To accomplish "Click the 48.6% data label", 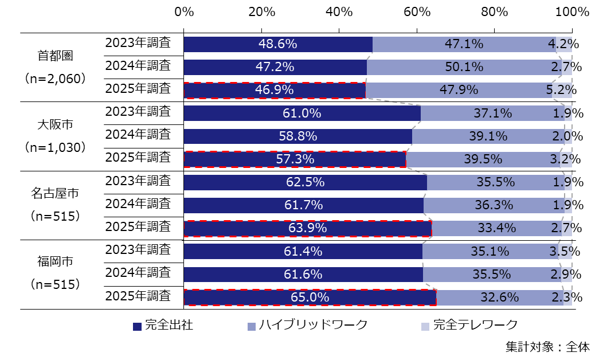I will coord(277,44).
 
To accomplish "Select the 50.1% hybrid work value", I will coord(464,67).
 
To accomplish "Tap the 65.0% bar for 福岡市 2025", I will coord(310,298).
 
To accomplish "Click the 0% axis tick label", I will coord(184,11).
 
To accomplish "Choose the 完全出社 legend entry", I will coord(163,326).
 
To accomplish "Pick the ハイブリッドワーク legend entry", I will coord(307,326).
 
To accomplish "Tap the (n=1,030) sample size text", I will coord(56,147).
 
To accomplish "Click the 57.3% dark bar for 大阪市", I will coord(295,159).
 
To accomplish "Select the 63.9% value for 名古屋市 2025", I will coord(307,228).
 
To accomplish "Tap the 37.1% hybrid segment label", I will coord(492,113).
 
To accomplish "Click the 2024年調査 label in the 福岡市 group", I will coord(138,273).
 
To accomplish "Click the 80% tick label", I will coord(494,11).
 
